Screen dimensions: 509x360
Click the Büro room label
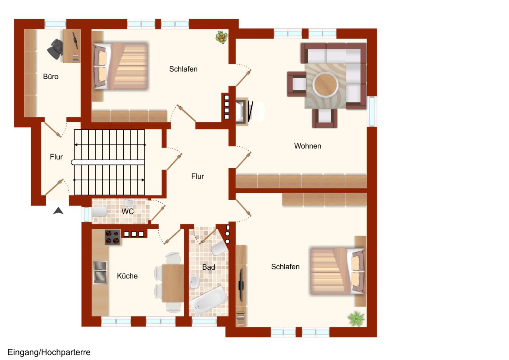pyautogui.click(x=51, y=77)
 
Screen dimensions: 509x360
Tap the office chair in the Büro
pyautogui.click(x=55, y=49)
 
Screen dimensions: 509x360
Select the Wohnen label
pyautogui.click(x=308, y=146)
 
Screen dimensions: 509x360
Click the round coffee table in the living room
pyautogui.click(x=325, y=85)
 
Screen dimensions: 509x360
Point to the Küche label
pyautogui.click(x=127, y=276)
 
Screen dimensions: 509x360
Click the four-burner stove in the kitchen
pyautogui.click(x=113, y=237)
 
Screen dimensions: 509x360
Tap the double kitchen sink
pyautogui.click(x=100, y=272)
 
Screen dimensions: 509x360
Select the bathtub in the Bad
pyautogui.click(x=209, y=301)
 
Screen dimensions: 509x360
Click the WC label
pyautogui.click(x=128, y=211)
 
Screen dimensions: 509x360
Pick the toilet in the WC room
pyautogui.click(x=99, y=211)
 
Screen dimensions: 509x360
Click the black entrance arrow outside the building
pyautogui.click(x=58, y=211)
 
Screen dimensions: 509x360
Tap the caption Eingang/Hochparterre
pyautogui.click(x=49, y=352)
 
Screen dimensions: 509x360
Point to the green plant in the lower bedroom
pyautogui.click(x=356, y=319)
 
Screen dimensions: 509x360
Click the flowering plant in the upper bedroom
pyautogui.click(x=221, y=37)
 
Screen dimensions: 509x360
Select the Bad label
pyautogui.click(x=209, y=267)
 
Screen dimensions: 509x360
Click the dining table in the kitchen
pyautogui.click(x=173, y=283)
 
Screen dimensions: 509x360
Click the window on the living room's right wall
pyautogui.click(x=372, y=111)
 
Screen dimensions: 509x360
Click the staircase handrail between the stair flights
pyautogui.click(x=108, y=162)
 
